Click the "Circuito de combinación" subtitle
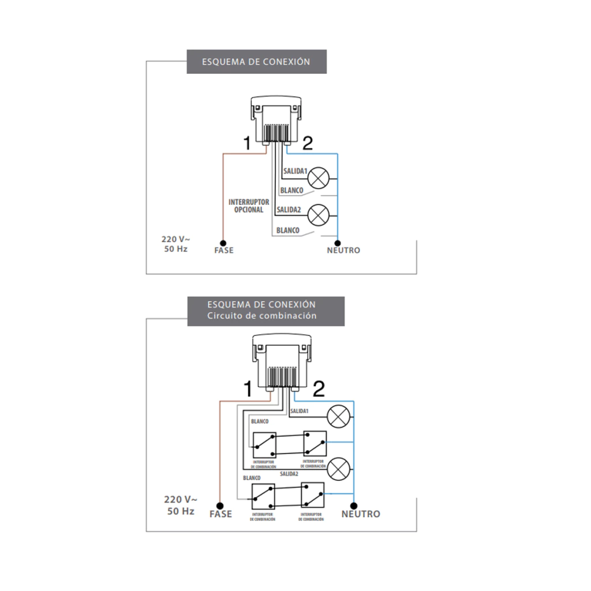point(261,316)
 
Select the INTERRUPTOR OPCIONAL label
point(249,206)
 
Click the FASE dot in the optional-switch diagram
point(223,242)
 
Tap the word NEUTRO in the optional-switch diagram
point(343,250)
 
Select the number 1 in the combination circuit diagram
point(248,390)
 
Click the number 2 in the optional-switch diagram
point(308,143)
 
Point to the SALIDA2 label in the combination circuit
point(289,474)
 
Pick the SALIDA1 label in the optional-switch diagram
point(295,171)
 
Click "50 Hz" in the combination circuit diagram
point(181,511)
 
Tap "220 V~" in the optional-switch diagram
point(174,238)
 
